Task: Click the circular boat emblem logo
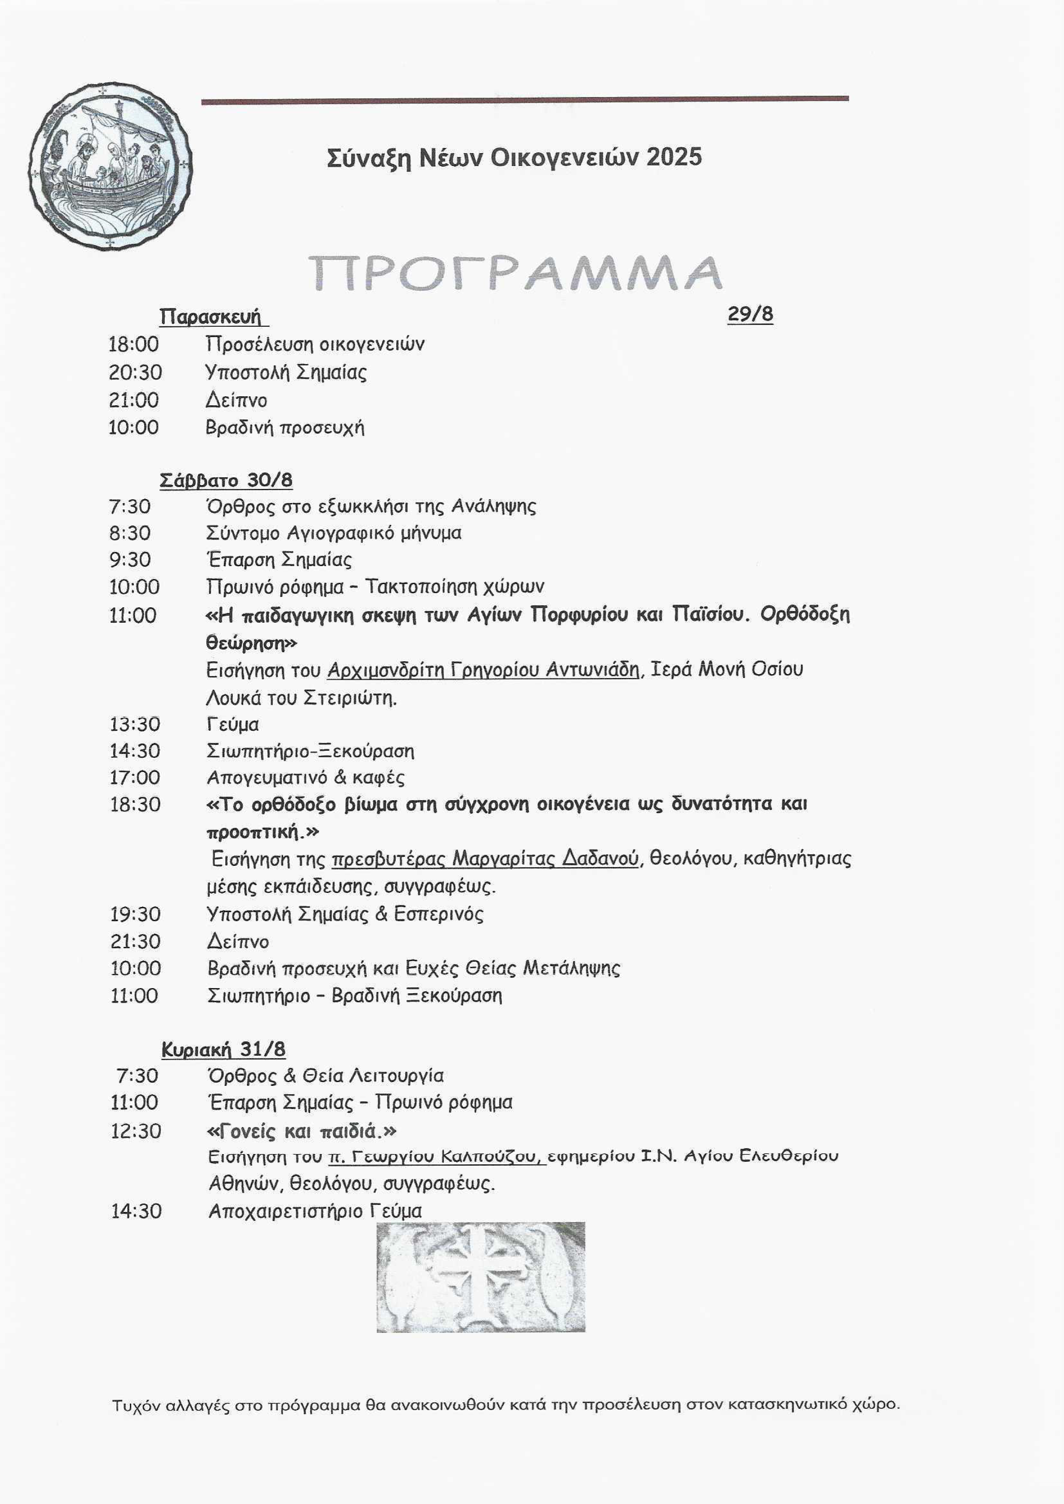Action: click(110, 166)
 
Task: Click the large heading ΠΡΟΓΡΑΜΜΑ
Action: click(515, 272)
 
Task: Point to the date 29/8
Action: click(750, 314)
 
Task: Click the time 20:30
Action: click(135, 372)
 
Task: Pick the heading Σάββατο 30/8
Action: click(226, 480)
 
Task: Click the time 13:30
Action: click(135, 724)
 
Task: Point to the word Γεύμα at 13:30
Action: click(232, 724)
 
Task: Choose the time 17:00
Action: click(135, 778)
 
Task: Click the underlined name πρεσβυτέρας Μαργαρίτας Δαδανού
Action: click(485, 859)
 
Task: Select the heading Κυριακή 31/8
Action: click(223, 1049)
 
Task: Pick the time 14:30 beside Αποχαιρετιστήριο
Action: click(136, 1211)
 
